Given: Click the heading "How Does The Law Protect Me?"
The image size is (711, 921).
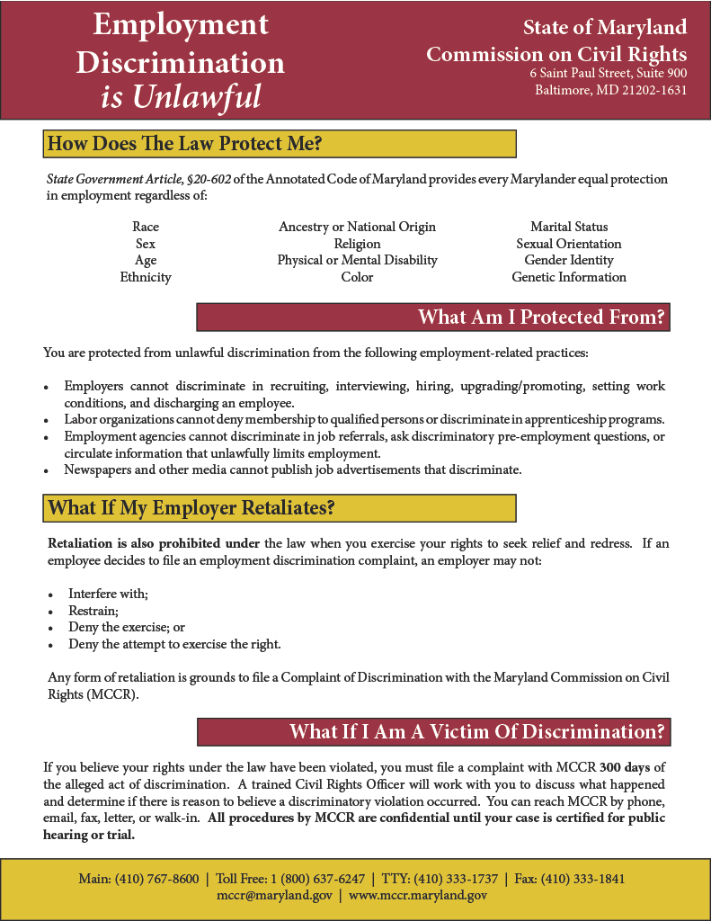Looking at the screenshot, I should (184, 144).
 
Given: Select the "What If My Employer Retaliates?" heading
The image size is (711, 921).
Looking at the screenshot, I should (191, 508).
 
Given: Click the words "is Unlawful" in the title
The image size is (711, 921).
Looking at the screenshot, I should (181, 96).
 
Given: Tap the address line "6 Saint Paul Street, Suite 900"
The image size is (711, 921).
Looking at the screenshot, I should (608, 73).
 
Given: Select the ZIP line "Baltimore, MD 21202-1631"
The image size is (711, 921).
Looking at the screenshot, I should (610, 90).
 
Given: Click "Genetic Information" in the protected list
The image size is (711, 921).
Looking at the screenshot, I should (568, 277).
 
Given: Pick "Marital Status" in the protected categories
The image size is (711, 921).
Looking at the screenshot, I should (568, 227).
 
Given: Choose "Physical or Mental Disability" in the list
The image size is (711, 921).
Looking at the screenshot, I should (357, 260).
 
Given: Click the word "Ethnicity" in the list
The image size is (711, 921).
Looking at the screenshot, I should (146, 277).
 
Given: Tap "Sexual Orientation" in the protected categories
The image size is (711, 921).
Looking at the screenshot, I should (568, 244).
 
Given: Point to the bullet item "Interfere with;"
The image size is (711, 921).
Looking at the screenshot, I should (108, 594).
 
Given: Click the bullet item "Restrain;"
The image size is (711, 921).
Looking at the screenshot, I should (93, 611).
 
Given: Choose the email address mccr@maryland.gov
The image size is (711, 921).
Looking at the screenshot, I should (274, 896).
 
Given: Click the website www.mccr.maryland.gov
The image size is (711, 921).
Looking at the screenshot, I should (418, 896).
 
